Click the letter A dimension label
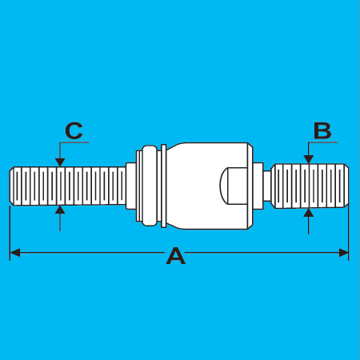pos(176,256)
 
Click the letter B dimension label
pos(322,130)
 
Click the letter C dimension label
pos(74,130)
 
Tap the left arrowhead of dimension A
pos(14,253)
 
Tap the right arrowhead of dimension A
pos(343,253)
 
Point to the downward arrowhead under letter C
pos(60,162)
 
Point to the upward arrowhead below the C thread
pos(60,210)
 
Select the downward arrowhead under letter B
pos(309,159)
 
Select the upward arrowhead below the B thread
pos(309,213)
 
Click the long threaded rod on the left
pos(68,186)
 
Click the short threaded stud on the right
pos(310,186)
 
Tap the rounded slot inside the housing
pos(234,186)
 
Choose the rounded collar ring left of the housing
pos(150,186)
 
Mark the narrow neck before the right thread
pos(267,186)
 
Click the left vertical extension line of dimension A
pos(10,233)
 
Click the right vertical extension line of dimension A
pos(349,233)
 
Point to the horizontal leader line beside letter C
pos(74,142)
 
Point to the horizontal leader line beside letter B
pos(323,142)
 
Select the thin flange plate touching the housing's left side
pos(164,186)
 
